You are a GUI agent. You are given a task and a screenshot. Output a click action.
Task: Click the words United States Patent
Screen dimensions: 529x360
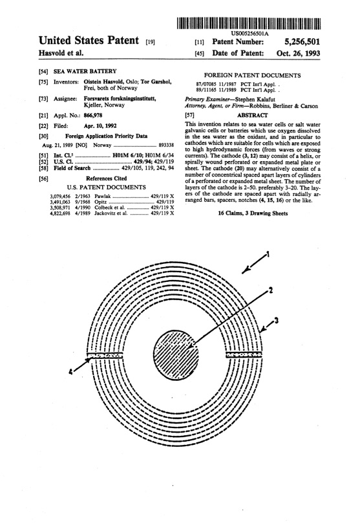pos(71,41)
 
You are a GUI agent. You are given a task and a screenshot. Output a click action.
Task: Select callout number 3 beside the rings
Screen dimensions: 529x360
pos(277,319)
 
